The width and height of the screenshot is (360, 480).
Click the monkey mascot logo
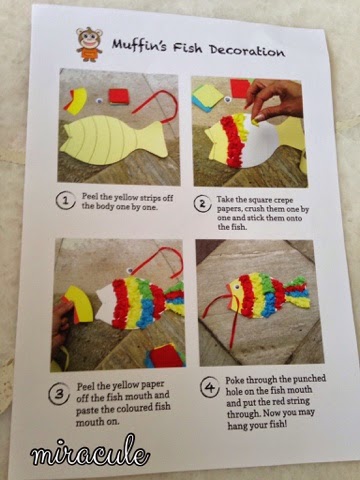click(89, 44)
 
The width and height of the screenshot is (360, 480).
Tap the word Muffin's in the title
click(139, 45)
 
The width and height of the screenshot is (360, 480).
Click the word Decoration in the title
click(247, 50)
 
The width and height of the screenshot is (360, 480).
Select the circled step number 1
click(65, 201)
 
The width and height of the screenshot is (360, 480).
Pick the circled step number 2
click(203, 203)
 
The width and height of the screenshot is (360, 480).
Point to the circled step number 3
click(59, 394)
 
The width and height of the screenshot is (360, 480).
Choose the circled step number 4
click(210, 387)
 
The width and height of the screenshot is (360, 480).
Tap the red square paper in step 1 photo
click(119, 96)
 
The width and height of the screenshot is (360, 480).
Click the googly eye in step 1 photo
click(99, 99)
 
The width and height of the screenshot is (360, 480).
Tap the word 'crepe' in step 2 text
click(283, 200)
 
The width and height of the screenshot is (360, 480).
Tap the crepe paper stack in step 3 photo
click(165, 355)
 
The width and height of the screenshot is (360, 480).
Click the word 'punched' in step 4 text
click(308, 379)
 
